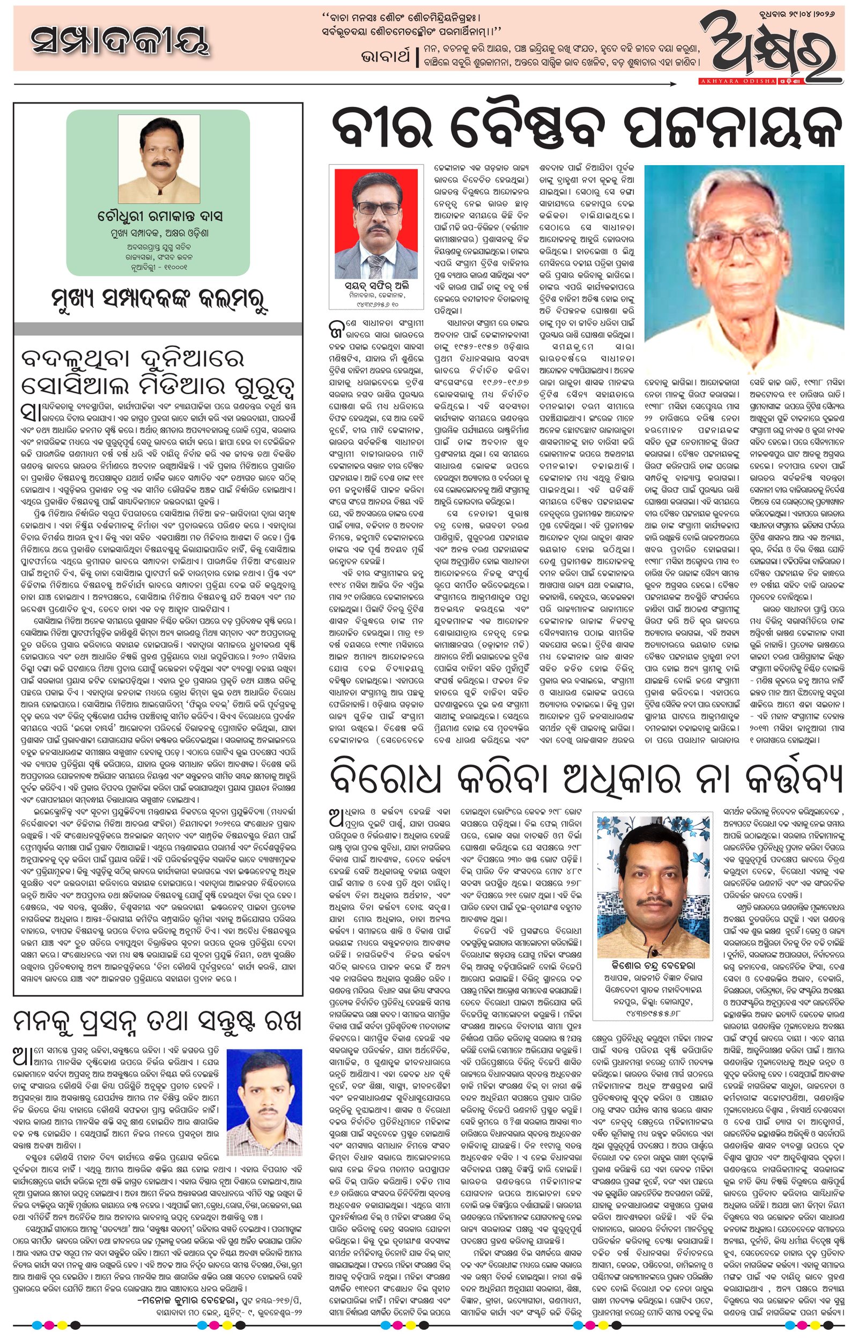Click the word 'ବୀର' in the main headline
[x=371, y=128]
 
